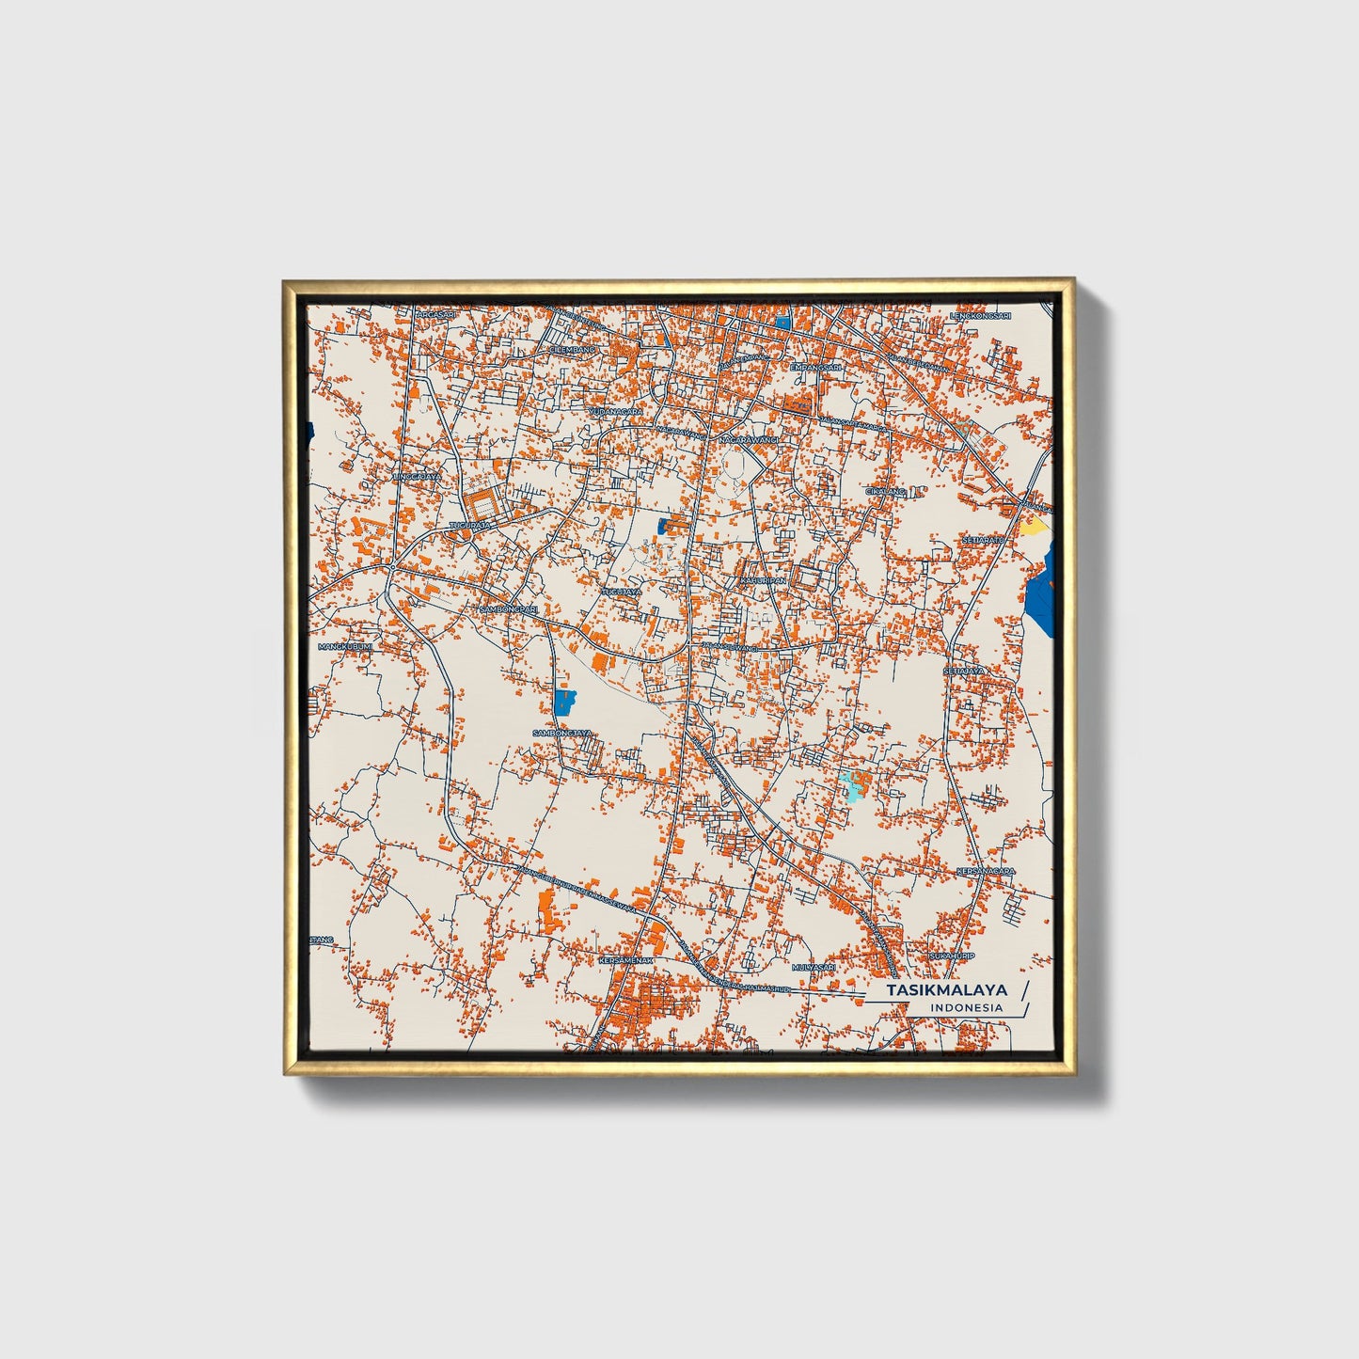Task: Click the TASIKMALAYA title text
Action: (947, 989)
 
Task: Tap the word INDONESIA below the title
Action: (966, 1007)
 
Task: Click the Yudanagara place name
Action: (616, 411)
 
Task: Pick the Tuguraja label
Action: (471, 524)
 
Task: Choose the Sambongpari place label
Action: (509, 608)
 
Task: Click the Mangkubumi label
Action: (345, 647)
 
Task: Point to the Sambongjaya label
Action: (561, 733)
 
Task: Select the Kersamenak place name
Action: (624, 960)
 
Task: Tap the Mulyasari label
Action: (814, 967)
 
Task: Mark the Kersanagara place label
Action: (986, 872)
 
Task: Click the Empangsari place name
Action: (814, 366)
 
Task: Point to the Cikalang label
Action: (885, 491)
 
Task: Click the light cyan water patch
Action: (853, 784)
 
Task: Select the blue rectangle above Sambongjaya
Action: (565, 702)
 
